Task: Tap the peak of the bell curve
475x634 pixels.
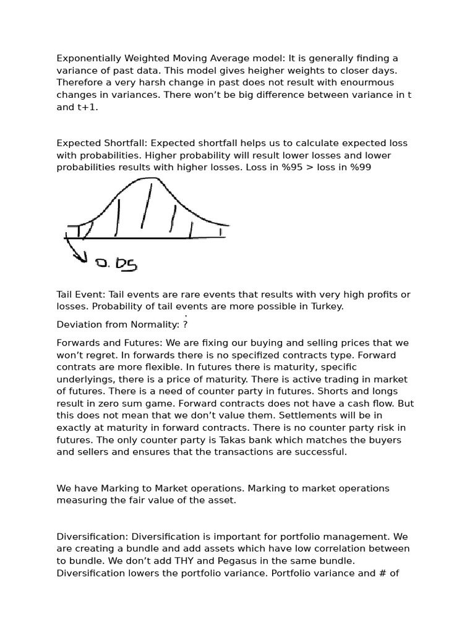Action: coord(150,179)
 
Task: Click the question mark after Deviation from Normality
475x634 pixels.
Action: coord(186,324)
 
